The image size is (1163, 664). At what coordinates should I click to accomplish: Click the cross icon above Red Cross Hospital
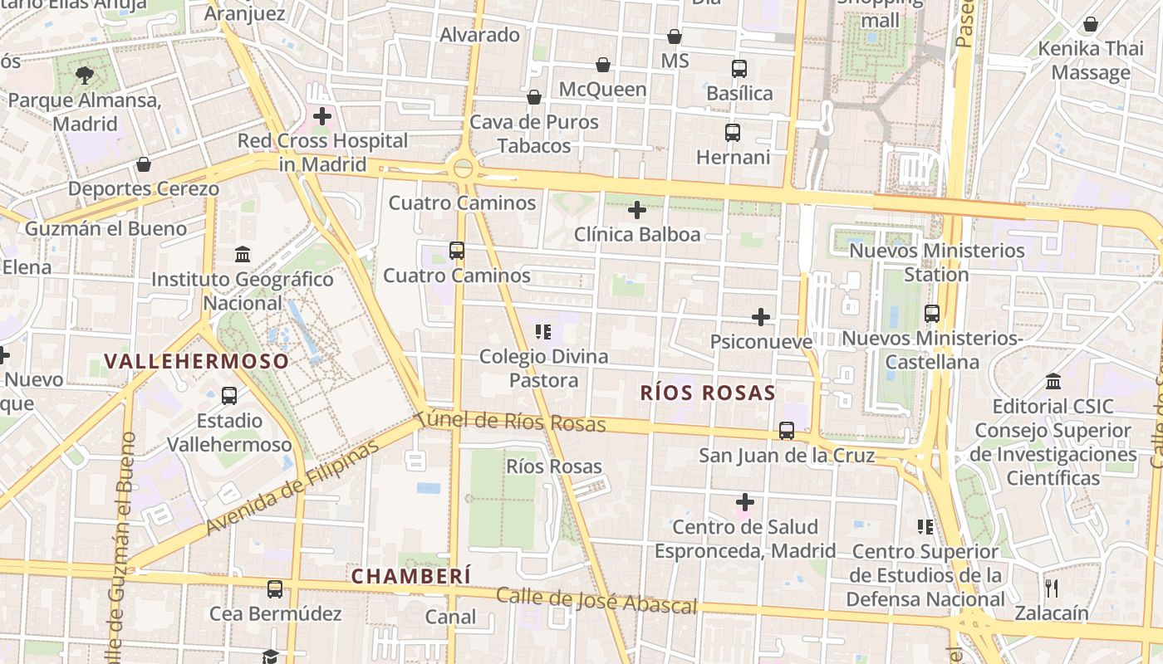pos(322,116)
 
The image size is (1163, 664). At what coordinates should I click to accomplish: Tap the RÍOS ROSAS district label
pos(708,393)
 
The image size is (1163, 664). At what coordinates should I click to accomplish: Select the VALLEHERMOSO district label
pos(197,361)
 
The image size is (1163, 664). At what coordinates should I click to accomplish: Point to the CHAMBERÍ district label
pos(410,575)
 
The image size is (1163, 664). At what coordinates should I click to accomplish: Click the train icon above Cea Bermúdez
pos(275,589)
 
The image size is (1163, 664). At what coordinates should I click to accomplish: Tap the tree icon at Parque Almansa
pos(84,76)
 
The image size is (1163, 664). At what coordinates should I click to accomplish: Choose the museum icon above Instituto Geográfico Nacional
pos(243,254)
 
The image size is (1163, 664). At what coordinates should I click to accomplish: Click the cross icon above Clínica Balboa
pos(637,210)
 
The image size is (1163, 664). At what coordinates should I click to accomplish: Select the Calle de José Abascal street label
pos(596,601)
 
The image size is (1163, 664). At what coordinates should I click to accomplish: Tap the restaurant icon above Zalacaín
pos(1052,588)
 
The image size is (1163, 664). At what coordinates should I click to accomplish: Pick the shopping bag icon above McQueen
pos(603,65)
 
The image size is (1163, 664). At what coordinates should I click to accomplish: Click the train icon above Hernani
pos(733,133)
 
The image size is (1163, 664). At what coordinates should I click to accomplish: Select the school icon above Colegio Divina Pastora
pos(543,332)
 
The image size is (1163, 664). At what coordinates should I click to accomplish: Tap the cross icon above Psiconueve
pos(761,317)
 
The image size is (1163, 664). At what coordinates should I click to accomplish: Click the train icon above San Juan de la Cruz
pos(786,431)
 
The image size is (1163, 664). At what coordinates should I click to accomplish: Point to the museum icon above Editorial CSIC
pos(1053,382)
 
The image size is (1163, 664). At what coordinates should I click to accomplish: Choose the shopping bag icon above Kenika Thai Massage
pos(1091,24)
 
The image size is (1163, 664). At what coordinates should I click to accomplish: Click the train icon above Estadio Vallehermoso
pos(229,396)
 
